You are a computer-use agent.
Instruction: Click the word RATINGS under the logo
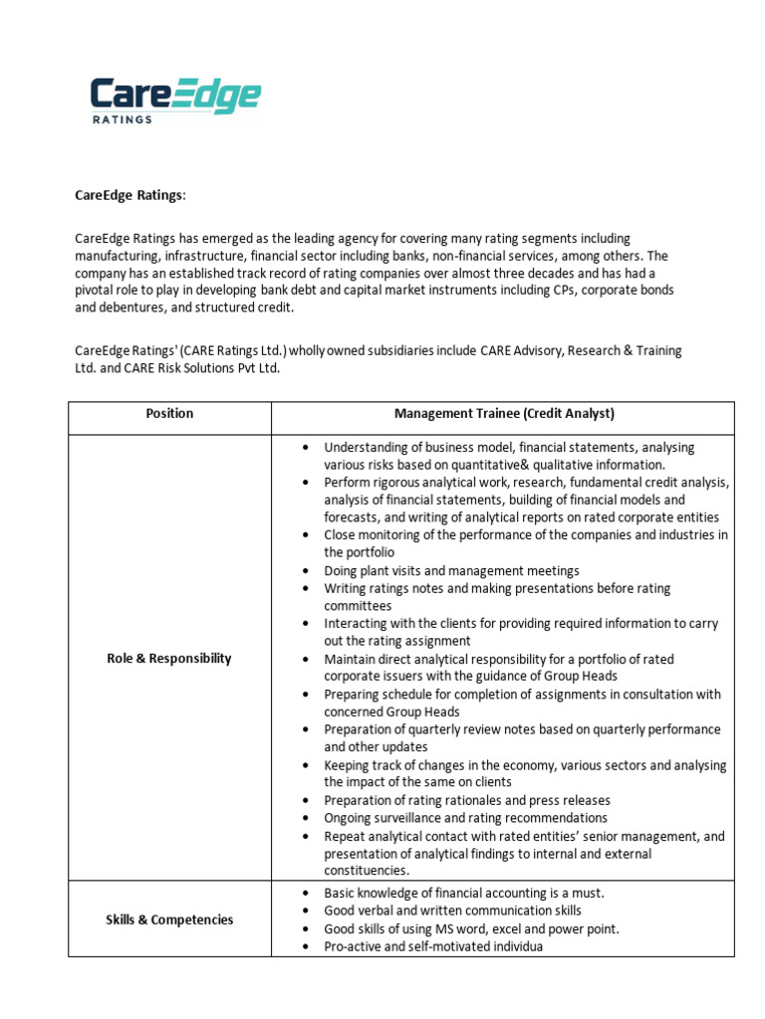click(122, 119)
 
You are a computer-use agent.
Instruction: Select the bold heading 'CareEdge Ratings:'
click(130, 195)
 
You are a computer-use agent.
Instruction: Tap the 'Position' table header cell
click(169, 413)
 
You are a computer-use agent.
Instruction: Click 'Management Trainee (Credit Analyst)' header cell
click(504, 413)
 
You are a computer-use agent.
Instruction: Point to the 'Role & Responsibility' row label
click(169, 658)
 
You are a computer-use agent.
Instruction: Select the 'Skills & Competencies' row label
click(169, 919)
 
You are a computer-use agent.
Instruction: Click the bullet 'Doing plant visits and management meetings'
click(451, 571)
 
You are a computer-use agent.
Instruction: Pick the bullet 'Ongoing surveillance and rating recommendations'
click(465, 818)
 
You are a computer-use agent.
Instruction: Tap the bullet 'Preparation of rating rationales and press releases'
click(467, 800)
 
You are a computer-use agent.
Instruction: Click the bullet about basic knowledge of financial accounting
click(464, 893)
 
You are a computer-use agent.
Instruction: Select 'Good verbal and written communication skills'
click(452, 911)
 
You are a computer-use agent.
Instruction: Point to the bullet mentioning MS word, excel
click(471, 928)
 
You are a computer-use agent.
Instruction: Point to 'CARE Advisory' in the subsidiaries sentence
click(524, 351)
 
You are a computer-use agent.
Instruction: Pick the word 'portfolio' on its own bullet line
click(359, 552)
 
